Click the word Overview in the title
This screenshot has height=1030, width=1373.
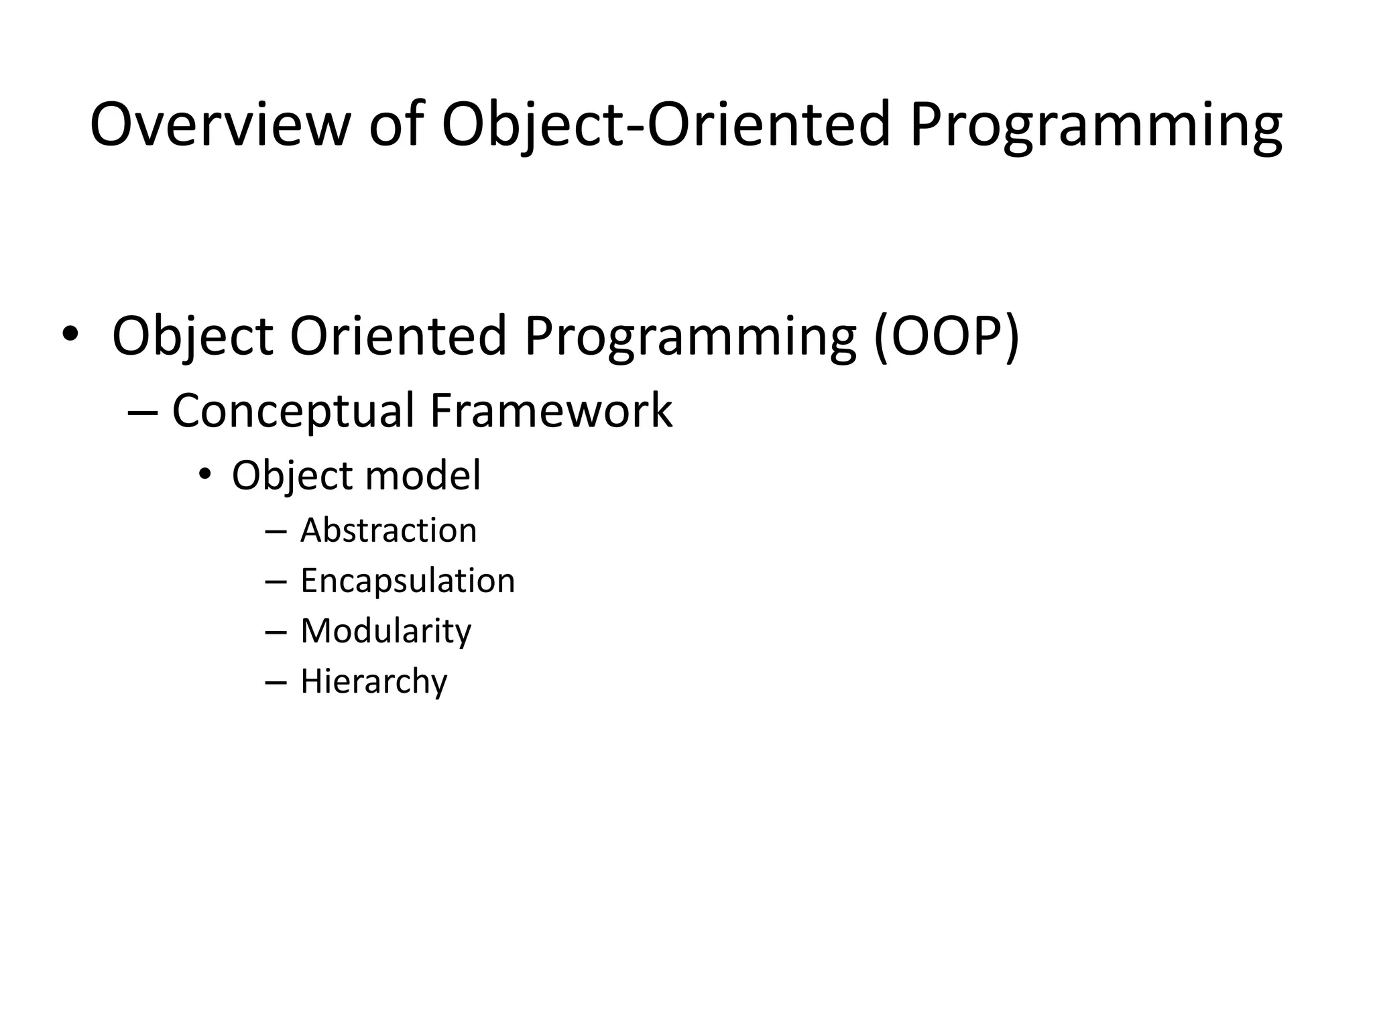tap(220, 125)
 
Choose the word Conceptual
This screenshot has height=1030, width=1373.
tap(293, 410)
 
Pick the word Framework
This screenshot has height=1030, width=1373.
tap(550, 410)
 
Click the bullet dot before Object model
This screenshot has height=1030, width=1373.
tap(204, 475)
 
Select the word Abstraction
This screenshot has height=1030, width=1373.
tap(388, 530)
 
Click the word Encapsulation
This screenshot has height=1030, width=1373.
tap(408, 581)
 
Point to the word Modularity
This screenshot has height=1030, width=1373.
tap(385, 631)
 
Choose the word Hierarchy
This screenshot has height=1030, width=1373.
tap(373, 681)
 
